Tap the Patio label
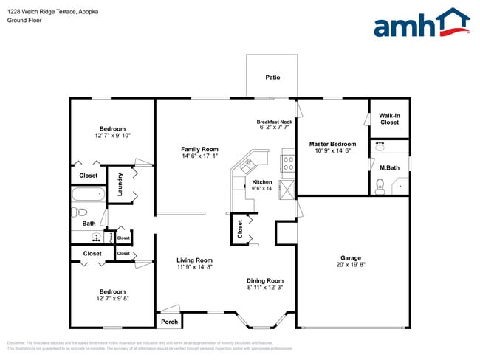pyautogui.click(x=272, y=77)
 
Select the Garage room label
pyautogui.click(x=351, y=257)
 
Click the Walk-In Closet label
pyautogui.click(x=389, y=118)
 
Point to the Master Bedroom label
pyautogui.click(x=332, y=144)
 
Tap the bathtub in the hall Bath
pyautogui.click(x=88, y=195)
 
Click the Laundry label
pyautogui.click(x=119, y=185)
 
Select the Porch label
pyautogui.click(x=169, y=321)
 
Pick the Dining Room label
pyautogui.click(x=265, y=280)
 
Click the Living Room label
pyautogui.click(x=194, y=260)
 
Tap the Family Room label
pyautogui.click(x=200, y=149)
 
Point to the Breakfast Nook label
pyautogui.click(x=275, y=122)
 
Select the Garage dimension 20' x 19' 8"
pyautogui.click(x=351, y=265)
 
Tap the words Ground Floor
pyautogui.click(x=24, y=21)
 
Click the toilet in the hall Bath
pyautogui.click(x=80, y=213)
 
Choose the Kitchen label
pyautogui.click(x=262, y=181)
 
